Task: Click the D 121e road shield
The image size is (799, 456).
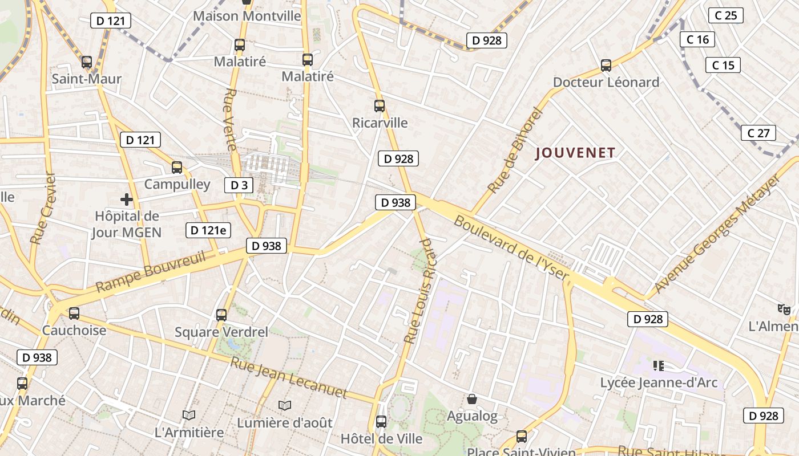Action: pyautogui.click(x=208, y=230)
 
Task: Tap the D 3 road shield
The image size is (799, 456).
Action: pyautogui.click(x=239, y=185)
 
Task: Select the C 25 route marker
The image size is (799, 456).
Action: pyautogui.click(x=725, y=15)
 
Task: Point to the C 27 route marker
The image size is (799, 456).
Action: pyautogui.click(x=758, y=133)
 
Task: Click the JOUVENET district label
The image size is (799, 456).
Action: pyautogui.click(x=575, y=153)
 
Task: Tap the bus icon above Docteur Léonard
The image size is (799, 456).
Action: pyautogui.click(x=606, y=66)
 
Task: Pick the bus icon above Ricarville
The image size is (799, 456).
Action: pyautogui.click(x=380, y=106)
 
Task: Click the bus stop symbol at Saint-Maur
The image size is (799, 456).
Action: pyautogui.click(x=87, y=62)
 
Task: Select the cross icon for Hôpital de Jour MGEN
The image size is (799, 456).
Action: pyautogui.click(x=127, y=199)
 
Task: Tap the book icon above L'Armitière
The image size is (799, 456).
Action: pyautogui.click(x=189, y=415)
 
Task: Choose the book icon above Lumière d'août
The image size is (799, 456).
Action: pyautogui.click(x=285, y=405)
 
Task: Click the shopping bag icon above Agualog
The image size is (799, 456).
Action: pyautogui.click(x=472, y=399)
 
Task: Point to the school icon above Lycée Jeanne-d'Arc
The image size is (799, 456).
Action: pyautogui.click(x=659, y=365)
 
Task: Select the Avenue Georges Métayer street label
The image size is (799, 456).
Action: pyautogui.click(x=717, y=234)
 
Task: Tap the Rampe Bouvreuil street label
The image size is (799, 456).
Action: pyautogui.click(x=151, y=271)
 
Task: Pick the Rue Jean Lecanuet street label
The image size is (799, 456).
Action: pyautogui.click(x=289, y=377)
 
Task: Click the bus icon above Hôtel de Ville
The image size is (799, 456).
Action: pyautogui.click(x=381, y=422)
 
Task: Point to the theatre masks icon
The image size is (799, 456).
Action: pyautogui.click(x=784, y=310)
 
